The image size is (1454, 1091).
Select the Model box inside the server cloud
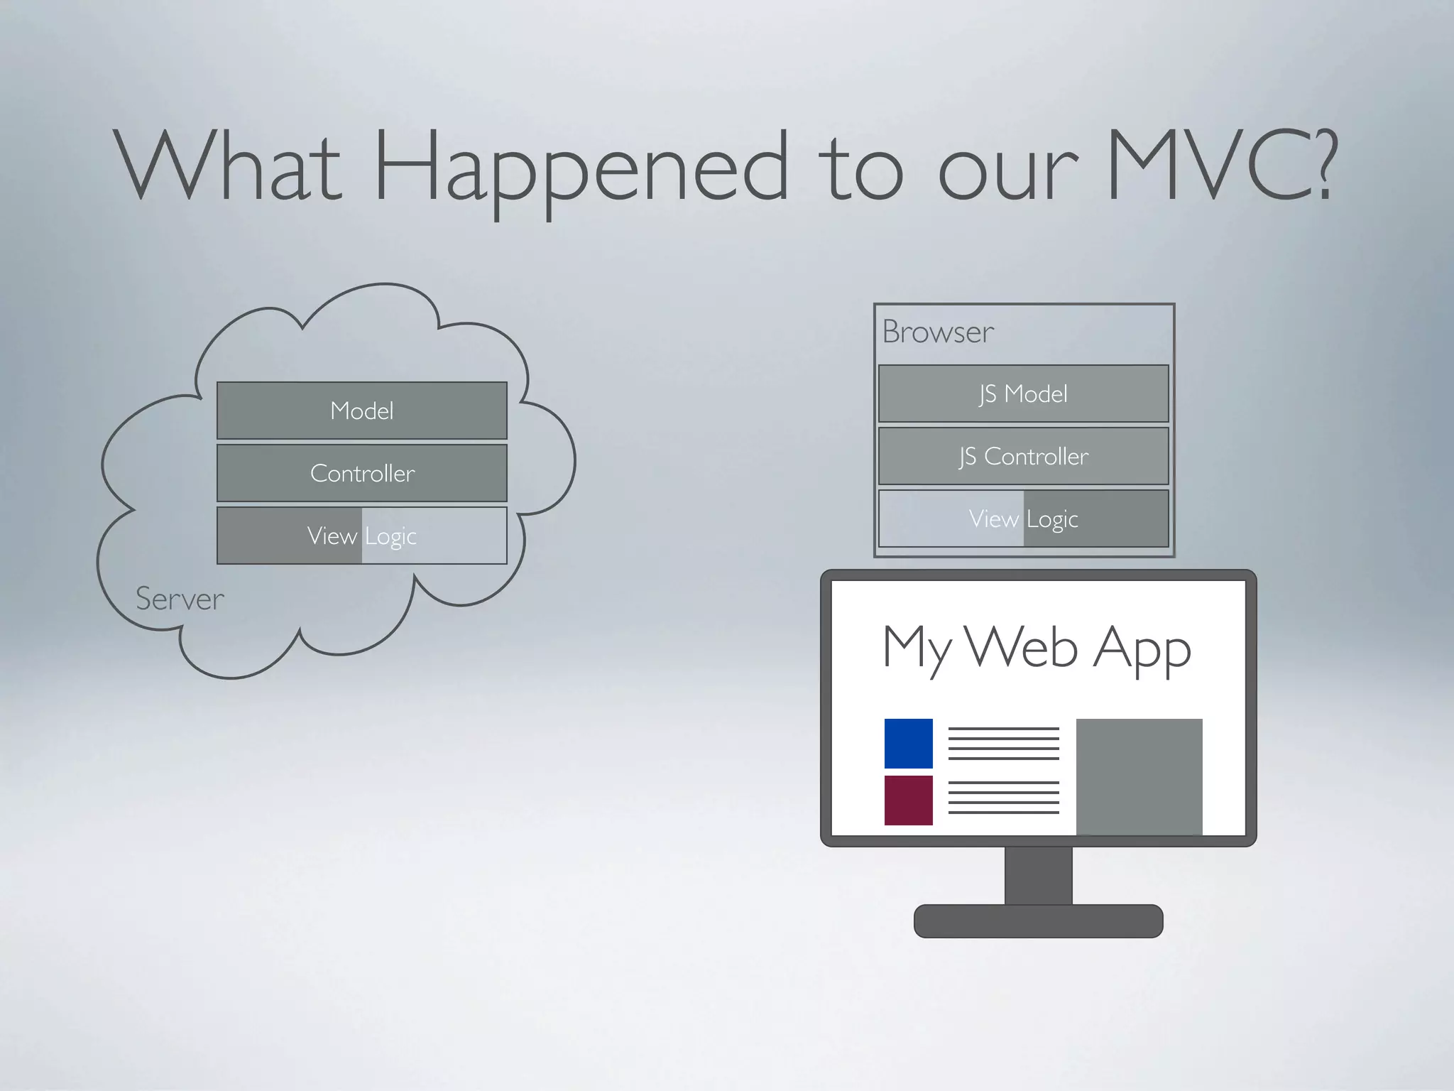click(x=361, y=411)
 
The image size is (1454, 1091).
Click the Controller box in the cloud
click(x=361, y=473)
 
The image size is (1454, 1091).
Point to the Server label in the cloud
click(x=180, y=599)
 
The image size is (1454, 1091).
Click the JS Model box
click(x=1023, y=393)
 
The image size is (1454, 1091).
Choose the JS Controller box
click(x=1023, y=456)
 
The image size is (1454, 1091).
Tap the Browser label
click(x=938, y=332)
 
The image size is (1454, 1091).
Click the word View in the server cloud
click(x=332, y=536)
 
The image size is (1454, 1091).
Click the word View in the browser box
click(x=993, y=519)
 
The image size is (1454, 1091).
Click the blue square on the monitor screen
click(x=908, y=743)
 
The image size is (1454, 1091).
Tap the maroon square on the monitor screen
click(x=908, y=800)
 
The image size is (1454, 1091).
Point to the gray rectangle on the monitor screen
click(x=1139, y=776)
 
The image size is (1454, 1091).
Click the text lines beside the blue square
click(x=1003, y=743)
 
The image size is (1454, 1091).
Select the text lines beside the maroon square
click(x=1003, y=797)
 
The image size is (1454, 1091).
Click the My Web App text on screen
click(x=1037, y=648)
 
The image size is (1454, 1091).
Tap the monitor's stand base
click(x=1038, y=921)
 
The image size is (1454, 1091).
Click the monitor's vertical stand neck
click(x=1038, y=875)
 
